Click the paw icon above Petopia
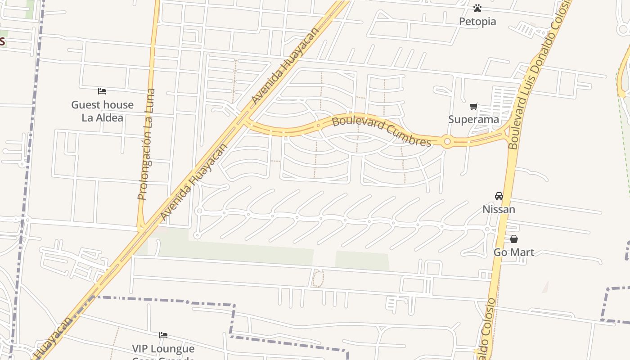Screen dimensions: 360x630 [x=477, y=8]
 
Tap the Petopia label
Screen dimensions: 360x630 [x=477, y=22]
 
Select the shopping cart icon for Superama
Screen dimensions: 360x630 [x=473, y=107]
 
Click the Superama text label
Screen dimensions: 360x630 [x=473, y=119]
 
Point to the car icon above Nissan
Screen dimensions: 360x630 [x=499, y=196]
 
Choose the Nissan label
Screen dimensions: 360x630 [x=499, y=209]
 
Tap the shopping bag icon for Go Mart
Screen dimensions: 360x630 [x=514, y=239]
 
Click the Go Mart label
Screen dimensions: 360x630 [x=514, y=252]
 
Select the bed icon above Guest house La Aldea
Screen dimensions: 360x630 [x=102, y=91]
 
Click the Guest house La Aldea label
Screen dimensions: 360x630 [x=103, y=111]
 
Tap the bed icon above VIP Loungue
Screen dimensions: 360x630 [x=163, y=335]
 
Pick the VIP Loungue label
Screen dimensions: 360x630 [x=163, y=349]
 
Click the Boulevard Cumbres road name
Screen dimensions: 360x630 [x=381, y=131]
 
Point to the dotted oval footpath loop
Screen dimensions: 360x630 [x=318, y=279]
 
